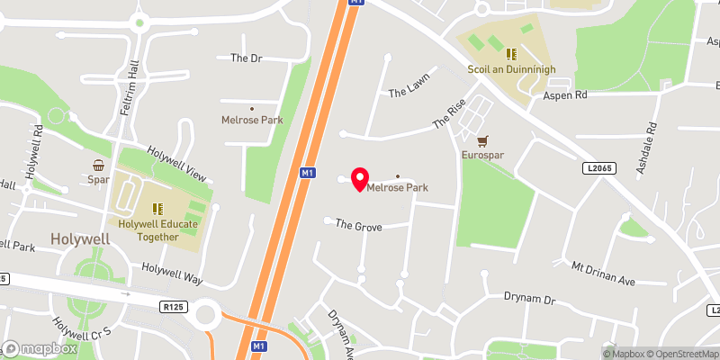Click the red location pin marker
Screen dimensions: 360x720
(360, 178)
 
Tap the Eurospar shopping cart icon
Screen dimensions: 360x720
(483, 141)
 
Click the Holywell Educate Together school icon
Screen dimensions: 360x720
(157, 208)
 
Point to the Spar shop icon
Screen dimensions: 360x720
(98, 165)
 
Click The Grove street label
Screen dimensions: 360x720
(358, 226)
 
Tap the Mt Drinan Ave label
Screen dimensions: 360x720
(603, 275)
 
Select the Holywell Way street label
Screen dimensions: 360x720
(172, 273)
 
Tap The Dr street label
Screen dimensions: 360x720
(245, 58)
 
